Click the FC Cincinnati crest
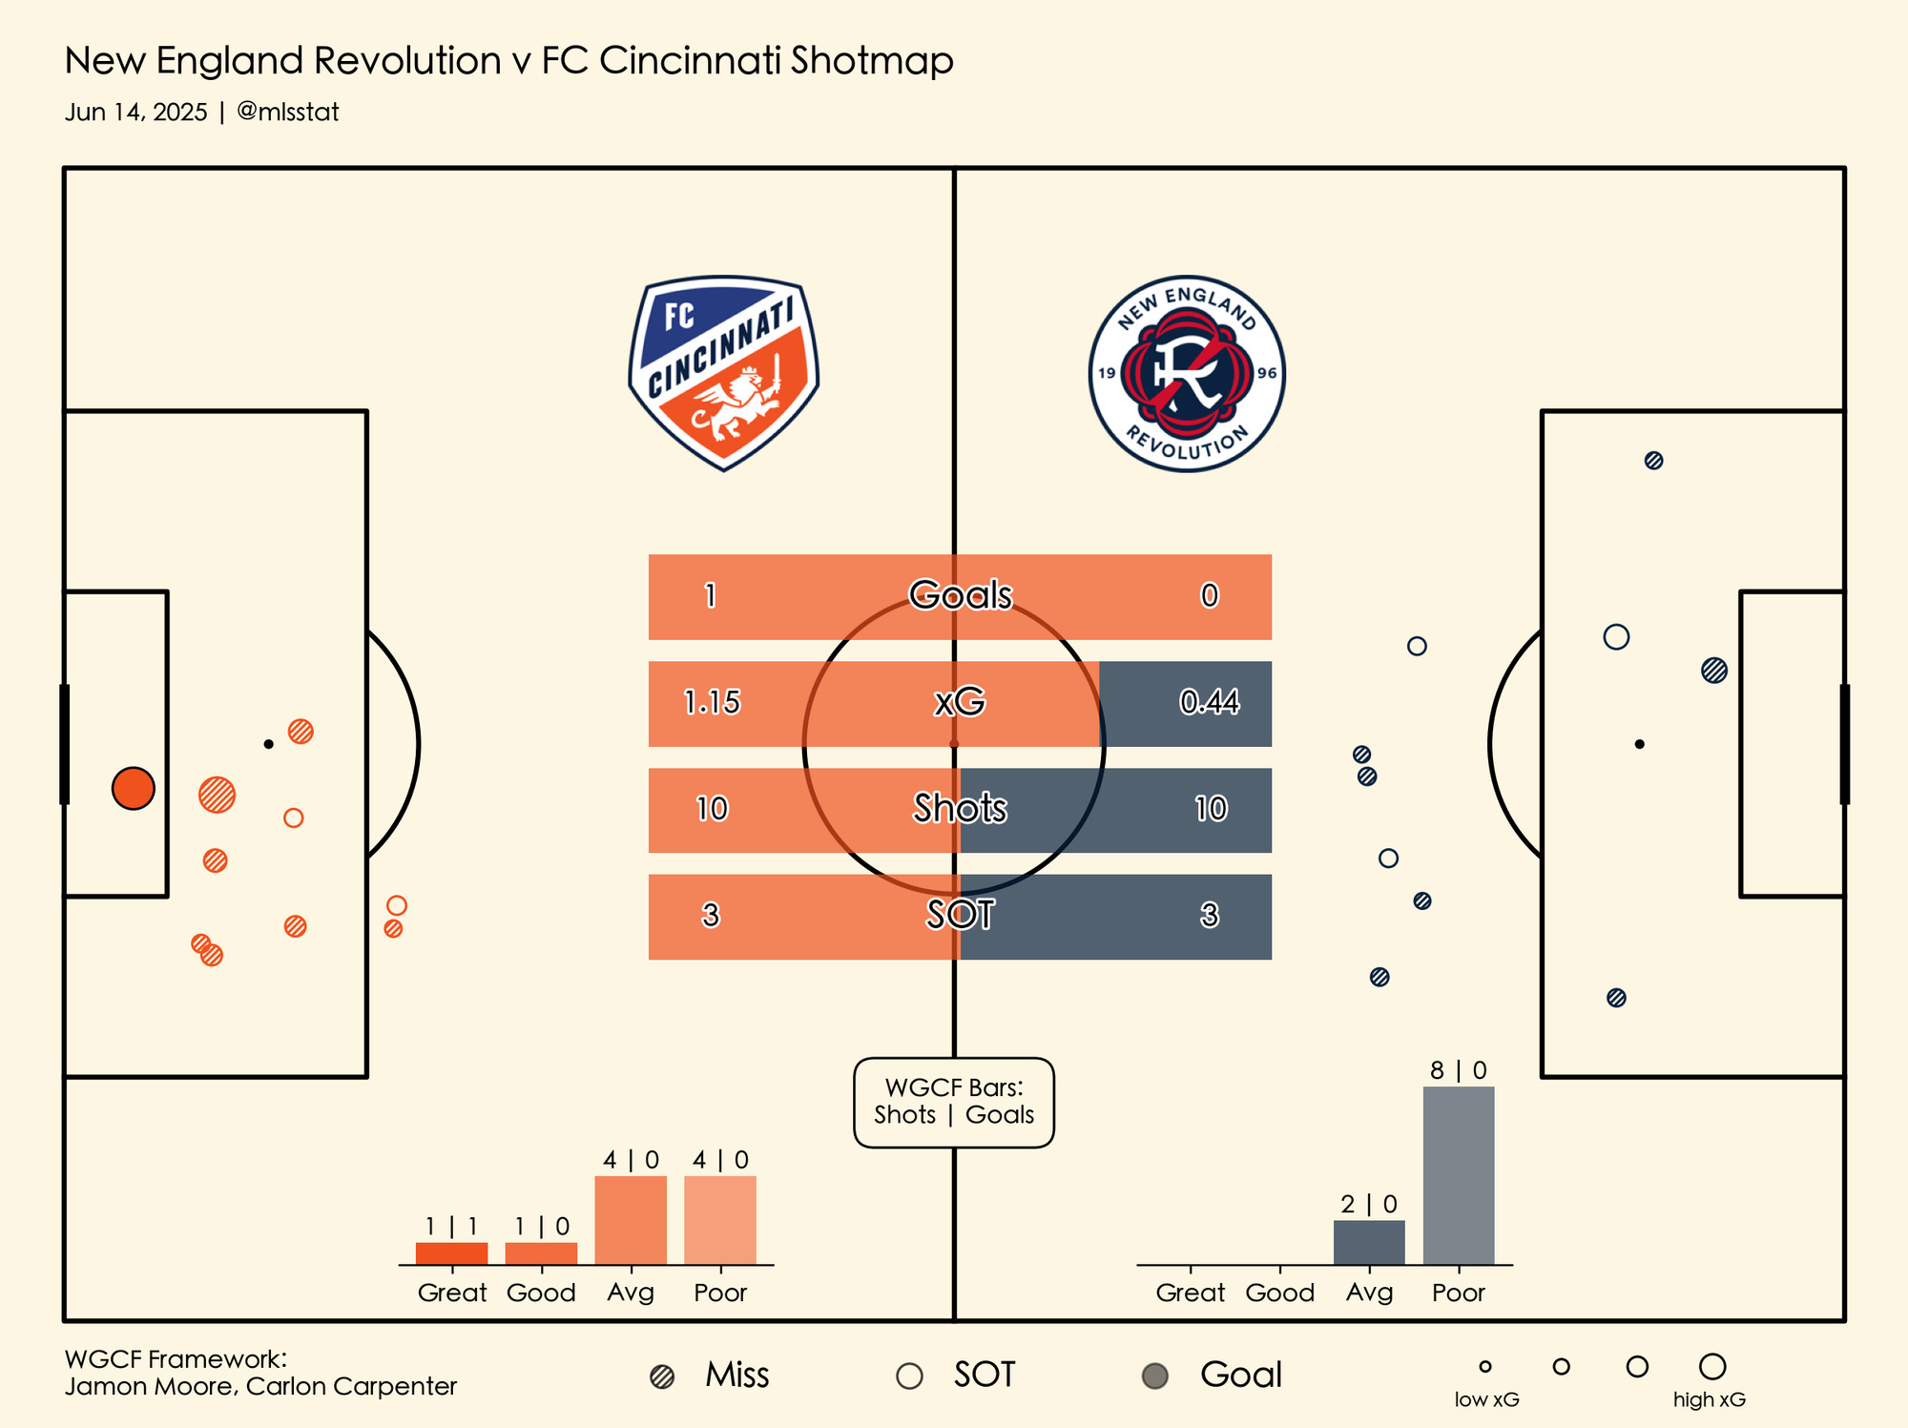tap(723, 373)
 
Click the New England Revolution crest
tap(1187, 373)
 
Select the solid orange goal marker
tap(134, 789)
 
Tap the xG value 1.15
tap(712, 703)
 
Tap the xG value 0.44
tap(1209, 703)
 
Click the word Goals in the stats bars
tap(960, 595)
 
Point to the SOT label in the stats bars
tap(960, 916)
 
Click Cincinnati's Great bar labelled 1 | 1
tap(451, 1253)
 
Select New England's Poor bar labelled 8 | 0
tap(1458, 1175)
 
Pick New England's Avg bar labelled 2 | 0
tap(1369, 1242)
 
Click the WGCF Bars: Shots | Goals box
tap(953, 1102)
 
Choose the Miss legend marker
tap(662, 1376)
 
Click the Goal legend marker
tap(1155, 1376)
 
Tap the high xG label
tap(1709, 1400)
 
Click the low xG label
tap(1486, 1400)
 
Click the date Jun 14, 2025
tap(136, 113)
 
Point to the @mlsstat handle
tap(287, 113)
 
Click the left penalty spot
tap(269, 744)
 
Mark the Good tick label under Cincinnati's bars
tap(541, 1293)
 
